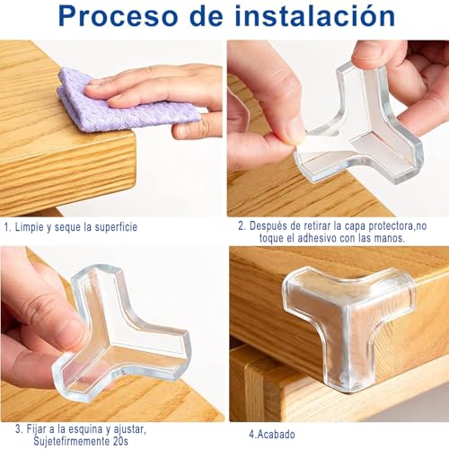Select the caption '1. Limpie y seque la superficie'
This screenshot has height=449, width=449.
click(x=71, y=227)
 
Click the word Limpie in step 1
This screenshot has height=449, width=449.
click(x=32, y=227)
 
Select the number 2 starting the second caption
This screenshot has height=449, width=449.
click(x=241, y=226)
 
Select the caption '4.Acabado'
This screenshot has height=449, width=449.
click(x=273, y=434)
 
